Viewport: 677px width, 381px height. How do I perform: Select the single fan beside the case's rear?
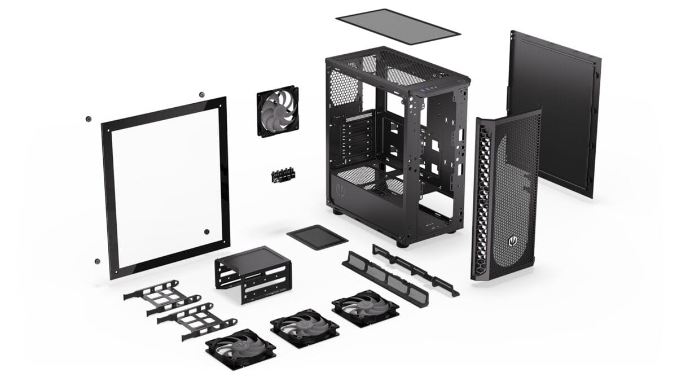(278, 111)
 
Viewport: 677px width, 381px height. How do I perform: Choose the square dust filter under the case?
(317, 236)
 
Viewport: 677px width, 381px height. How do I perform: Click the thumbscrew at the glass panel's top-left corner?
(89, 119)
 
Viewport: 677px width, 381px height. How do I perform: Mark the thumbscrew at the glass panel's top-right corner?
(201, 94)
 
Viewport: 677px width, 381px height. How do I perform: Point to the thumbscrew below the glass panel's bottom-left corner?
(97, 261)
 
